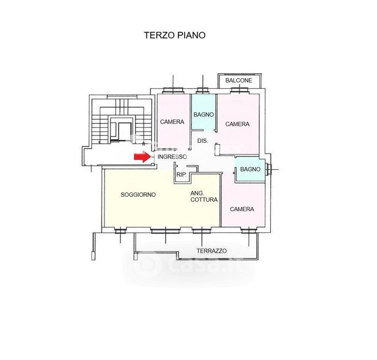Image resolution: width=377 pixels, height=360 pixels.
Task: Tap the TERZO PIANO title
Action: pyautogui.click(x=175, y=35)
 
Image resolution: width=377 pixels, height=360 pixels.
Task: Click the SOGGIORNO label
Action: pyautogui.click(x=138, y=194)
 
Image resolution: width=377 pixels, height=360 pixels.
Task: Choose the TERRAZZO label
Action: pyautogui.click(x=212, y=251)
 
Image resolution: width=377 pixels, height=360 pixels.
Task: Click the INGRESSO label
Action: pyautogui.click(x=172, y=157)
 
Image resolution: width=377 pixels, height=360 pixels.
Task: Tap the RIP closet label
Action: pyautogui.click(x=181, y=175)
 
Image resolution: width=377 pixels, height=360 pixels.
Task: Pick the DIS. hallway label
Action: pyautogui.click(x=203, y=141)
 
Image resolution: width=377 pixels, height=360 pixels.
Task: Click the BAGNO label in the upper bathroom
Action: pyautogui.click(x=203, y=115)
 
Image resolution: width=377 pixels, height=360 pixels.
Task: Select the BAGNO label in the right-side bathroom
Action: pyautogui.click(x=250, y=169)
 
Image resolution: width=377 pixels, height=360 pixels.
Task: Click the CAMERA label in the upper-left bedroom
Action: pyautogui.click(x=172, y=122)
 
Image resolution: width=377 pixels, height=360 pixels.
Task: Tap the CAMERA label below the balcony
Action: pyautogui.click(x=237, y=124)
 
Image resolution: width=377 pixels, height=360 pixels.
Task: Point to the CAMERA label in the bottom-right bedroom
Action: pyautogui.click(x=242, y=209)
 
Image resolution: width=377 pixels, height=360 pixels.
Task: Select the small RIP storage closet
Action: pyautogui.click(x=181, y=174)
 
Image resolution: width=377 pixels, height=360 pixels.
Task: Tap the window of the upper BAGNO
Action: pyautogui.click(x=202, y=91)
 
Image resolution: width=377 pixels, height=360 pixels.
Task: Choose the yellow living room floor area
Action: pyautogui.click(x=144, y=210)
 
